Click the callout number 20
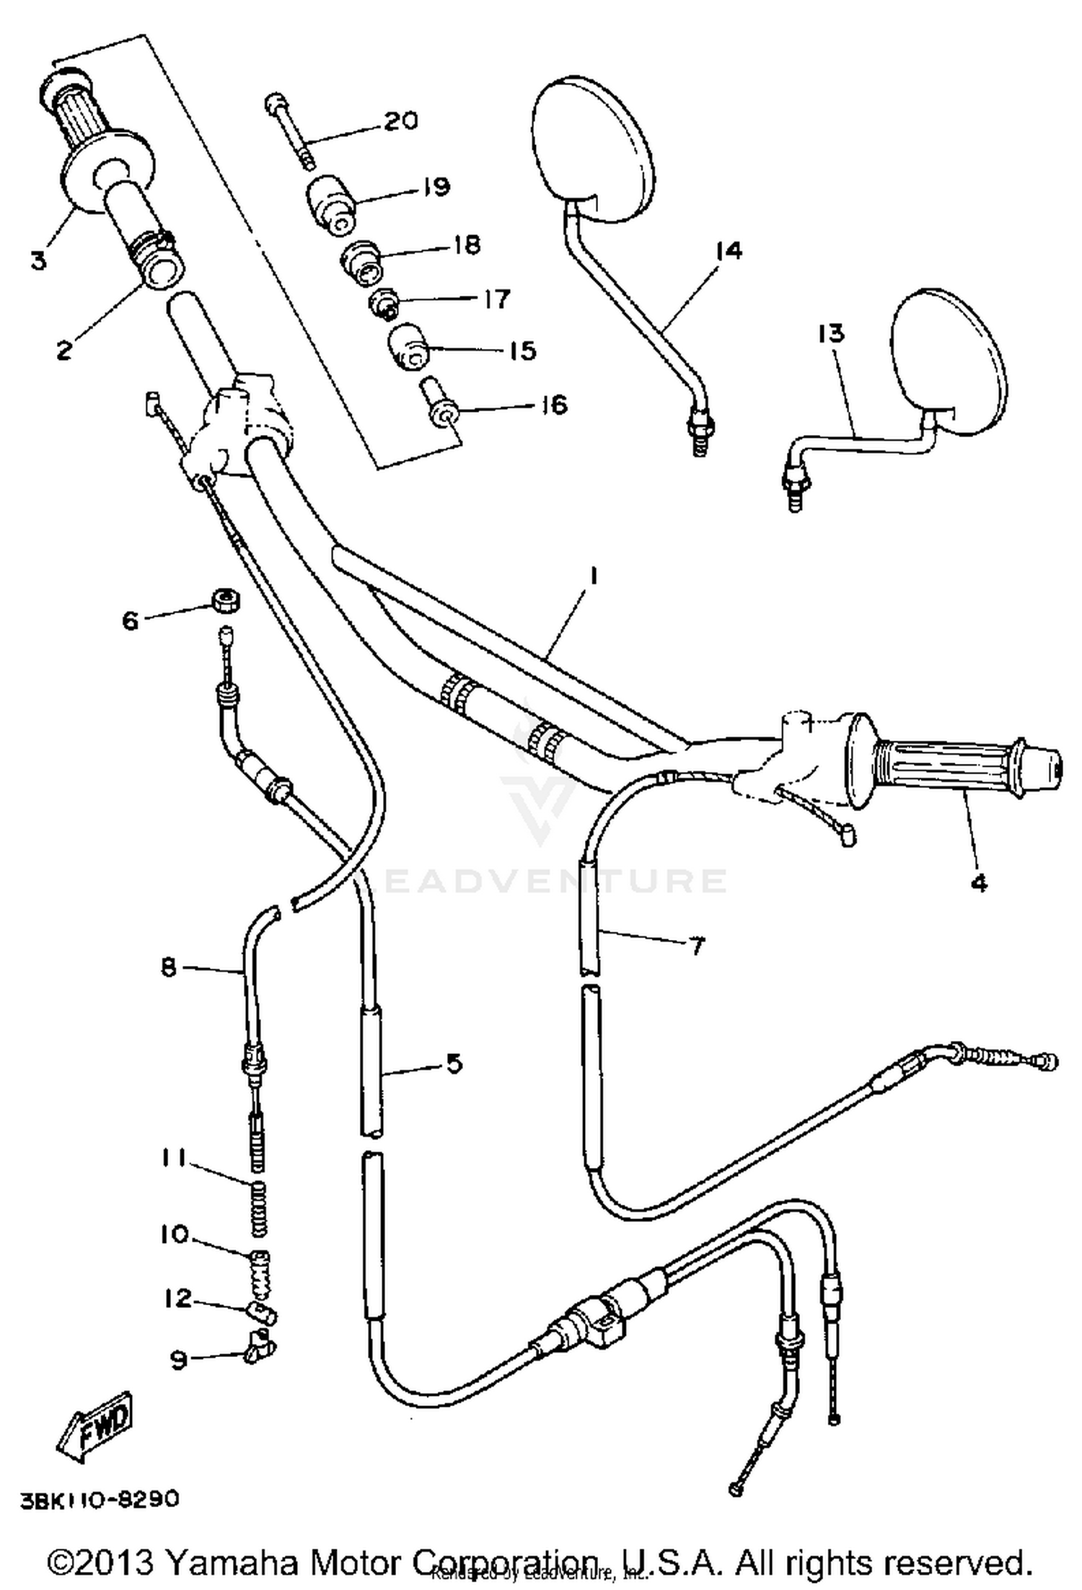click(x=400, y=120)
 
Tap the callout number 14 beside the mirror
click(x=728, y=251)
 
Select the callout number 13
click(x=831, y=334)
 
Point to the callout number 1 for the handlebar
click(x=594, y=576)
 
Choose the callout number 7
click(x=696, y=946)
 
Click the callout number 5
click(x=454, y=1063)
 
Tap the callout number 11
click(x=174, y=1158)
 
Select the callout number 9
click(x=177, y=1359)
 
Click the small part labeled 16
click(x=438, y=404)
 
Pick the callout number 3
click(x=38, y=260)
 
